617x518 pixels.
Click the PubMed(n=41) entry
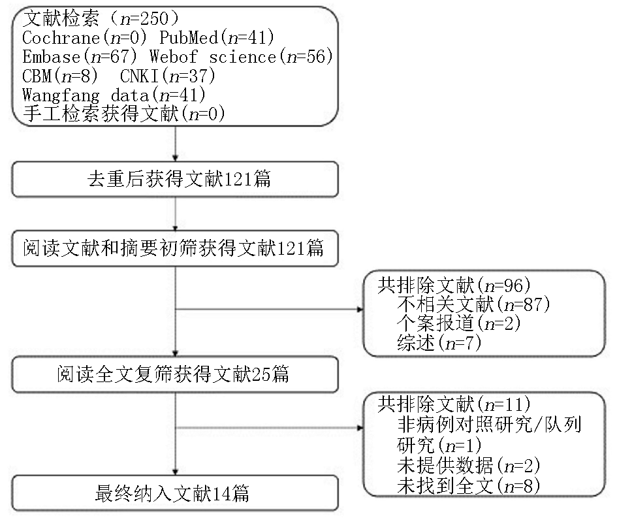[217, 38]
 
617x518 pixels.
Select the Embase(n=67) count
[80, 57]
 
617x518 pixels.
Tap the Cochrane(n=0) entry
[84, 38]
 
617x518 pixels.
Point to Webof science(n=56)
[241, 57]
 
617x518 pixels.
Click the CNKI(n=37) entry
[168, 76]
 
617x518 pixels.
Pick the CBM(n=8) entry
[60, 76]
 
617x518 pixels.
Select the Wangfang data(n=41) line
[114, 95]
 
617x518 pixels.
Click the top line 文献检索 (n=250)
[101, 18]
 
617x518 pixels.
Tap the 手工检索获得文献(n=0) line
[123, 114]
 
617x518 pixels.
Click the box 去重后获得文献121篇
[175, 179]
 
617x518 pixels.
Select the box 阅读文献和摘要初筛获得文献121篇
[175, 248]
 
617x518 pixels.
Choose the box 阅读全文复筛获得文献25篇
[175, 374]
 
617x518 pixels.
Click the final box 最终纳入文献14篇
[175, 493]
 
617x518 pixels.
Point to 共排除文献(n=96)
[454, 285]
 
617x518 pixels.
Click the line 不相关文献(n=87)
[473, 304]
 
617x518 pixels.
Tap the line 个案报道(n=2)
[459, 323]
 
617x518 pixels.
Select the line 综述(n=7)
[439, 343]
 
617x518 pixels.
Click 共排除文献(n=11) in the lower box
[454, 404]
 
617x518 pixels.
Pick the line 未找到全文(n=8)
[468, 486]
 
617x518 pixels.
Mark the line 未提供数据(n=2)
[468, 466]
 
